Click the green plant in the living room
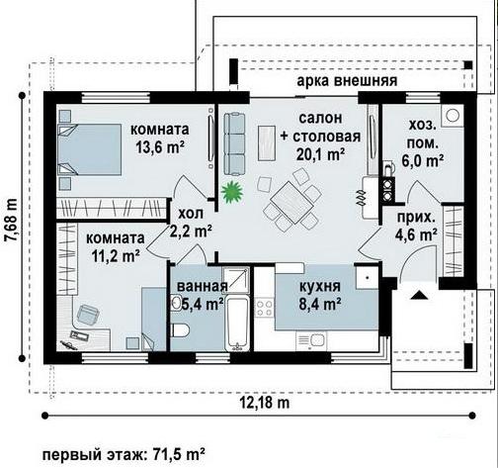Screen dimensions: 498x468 click(x=232, y=192)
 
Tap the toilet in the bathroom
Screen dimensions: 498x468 click(x=180, y=330)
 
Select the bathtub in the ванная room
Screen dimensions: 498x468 click(x=238, y=324)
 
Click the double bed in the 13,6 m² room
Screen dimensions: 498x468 click(x=90, y=149)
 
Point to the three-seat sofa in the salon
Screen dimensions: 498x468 click(x=234, y=143)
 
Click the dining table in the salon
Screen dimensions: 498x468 click(x=291, y=203)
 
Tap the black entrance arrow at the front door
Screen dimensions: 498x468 click(x=419, y=295)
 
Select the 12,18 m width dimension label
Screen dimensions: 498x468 click(x=265, y=403)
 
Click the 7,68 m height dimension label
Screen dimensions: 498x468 click(x=12, y=221)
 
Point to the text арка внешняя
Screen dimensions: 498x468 click(x=347, y=80)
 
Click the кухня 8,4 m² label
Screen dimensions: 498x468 click(x=320, y=295)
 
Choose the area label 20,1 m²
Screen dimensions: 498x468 click(x=320, y=154)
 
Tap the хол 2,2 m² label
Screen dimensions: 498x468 click(x=191, y=223)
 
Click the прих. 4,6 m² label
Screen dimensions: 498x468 click(x=416, y=227)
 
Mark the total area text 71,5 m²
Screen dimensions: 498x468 click(x=179, y=455)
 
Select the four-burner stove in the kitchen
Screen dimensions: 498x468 click(x=265, y=308)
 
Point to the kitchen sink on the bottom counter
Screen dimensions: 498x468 click(x=311, y=341)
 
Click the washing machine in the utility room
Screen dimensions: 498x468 click(x=453, y=115)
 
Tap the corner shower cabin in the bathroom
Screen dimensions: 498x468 click(x=235, y=280)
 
